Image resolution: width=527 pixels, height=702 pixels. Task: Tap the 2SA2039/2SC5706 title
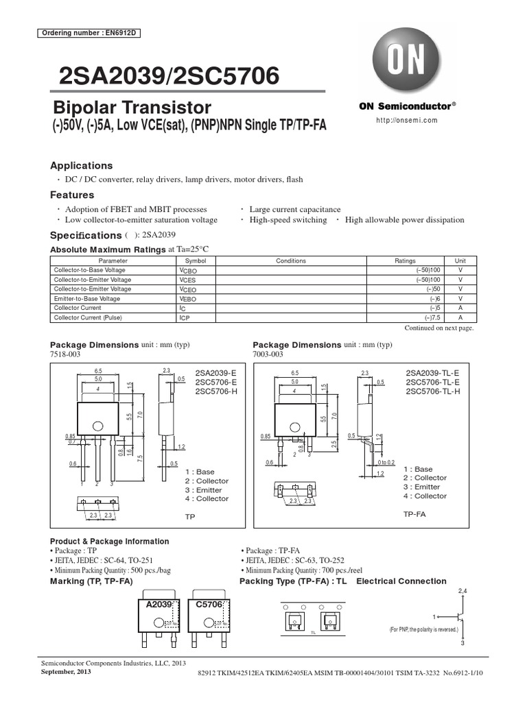pos(165,75)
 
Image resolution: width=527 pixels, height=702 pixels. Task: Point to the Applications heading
pos(82,166)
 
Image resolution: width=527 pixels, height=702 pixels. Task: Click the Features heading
pos(71,195)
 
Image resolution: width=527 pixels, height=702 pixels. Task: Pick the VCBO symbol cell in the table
pos(188,271)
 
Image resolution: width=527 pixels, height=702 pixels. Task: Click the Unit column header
pos(460,261)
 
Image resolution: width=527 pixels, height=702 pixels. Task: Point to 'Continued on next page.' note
pos(439,328)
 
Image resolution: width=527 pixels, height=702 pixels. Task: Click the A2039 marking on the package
pos(159,605)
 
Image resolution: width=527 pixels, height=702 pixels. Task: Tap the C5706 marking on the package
pos(209,605)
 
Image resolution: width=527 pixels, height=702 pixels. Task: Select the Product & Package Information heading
pos(110,542)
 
